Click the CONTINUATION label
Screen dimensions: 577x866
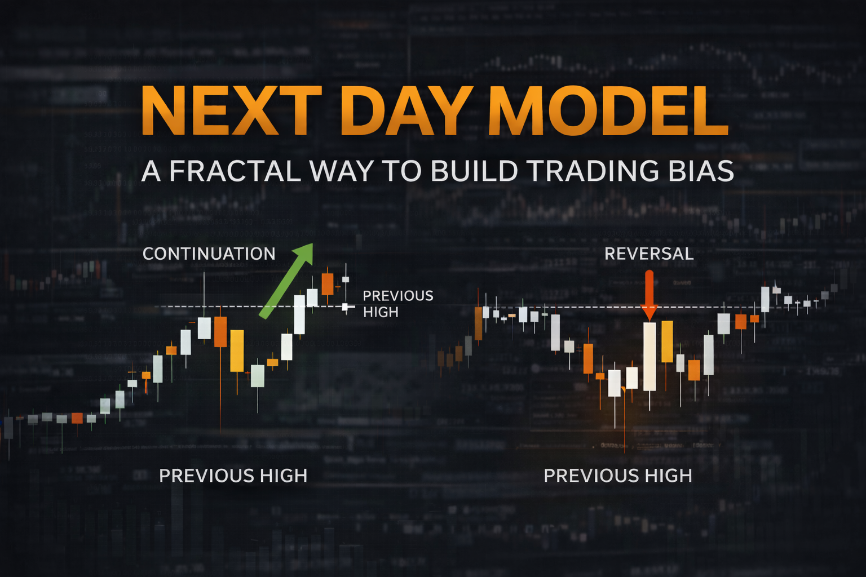(209, 254)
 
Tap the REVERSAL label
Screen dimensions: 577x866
(649, 254)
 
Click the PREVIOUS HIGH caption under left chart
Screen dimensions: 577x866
(233, 476)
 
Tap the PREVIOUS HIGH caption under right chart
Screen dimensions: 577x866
(617, 476)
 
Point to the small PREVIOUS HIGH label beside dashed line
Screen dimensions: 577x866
(397, 304)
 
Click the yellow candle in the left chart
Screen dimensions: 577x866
(237, 350)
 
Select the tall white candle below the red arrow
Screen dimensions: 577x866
(649, 356)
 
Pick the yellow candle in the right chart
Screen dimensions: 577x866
(667, 341)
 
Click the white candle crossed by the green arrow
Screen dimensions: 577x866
(299, 314)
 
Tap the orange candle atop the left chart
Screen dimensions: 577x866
(327, 283)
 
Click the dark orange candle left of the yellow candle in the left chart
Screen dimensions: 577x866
(220, 331)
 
